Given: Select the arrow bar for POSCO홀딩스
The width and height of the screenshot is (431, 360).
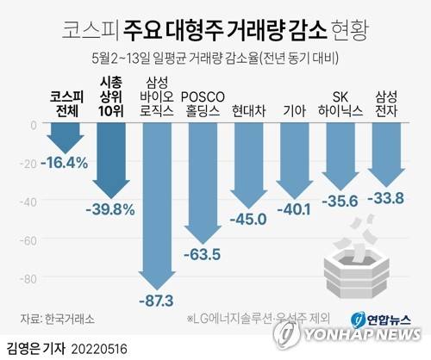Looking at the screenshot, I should (204, 181).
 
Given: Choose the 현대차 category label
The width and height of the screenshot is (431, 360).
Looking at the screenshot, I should (251, 110).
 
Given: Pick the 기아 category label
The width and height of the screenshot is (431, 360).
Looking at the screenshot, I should (297, 110).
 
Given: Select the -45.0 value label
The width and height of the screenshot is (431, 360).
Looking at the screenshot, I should (251, 218).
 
